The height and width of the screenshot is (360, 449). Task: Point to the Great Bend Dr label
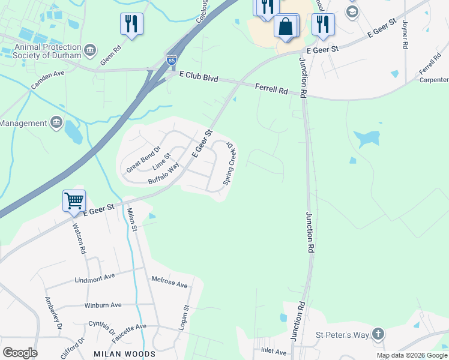pos(143,159)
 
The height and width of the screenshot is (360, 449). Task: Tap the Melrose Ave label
pos(169,281)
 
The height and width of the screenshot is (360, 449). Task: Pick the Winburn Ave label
pos(103,305)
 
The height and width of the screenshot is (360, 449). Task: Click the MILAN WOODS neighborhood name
pos(124,354)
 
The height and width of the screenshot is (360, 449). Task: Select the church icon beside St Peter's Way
pos(378,333)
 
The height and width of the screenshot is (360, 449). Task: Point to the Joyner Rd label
pos(405,34)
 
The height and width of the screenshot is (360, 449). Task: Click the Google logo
pos(20,353)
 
